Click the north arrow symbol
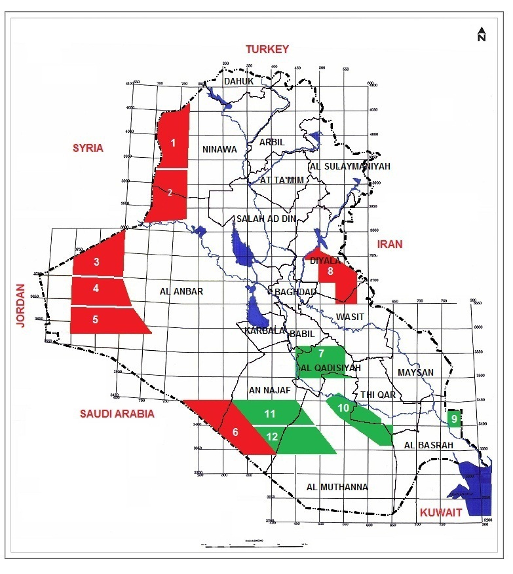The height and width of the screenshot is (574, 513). pos(482,34)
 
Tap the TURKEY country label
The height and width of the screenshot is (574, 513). pos(267,49)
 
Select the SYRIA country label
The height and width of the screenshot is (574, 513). pos(88,148)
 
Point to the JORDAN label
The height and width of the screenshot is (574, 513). pos(20,306)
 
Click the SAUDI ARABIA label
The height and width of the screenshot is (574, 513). pos(117,414)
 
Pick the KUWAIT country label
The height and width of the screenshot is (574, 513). pos(441,512)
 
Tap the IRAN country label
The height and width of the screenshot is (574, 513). pos(394,244)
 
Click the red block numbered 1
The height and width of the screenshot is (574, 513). pos(173,142)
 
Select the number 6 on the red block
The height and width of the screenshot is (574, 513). pos(235,432)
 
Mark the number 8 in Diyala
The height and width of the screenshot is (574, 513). pos(331,271)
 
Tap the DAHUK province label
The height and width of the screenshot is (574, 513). pos(238,81)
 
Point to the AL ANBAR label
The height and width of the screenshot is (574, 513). pos(181,292)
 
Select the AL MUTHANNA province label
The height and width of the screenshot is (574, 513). pos(337,487)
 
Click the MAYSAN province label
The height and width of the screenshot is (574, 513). pos(416,372)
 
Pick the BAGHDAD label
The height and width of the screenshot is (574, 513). pos(296,292)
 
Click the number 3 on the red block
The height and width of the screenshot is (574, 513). pos(96,262)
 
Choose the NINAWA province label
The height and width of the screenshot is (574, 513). pos(219,149)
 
